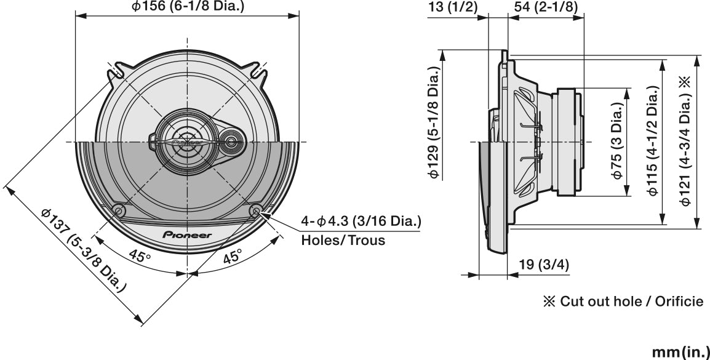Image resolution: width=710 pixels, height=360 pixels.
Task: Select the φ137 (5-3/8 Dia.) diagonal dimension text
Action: pyautogui.click(x=84, y=250)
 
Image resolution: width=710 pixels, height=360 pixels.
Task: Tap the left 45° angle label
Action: pyautogui.click(x=140, y=255)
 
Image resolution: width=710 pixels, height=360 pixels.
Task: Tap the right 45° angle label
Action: pyautogui.click(x=231, y=257)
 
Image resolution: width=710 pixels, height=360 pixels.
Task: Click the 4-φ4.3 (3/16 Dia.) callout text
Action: pyautogui.click(x=361, y=221)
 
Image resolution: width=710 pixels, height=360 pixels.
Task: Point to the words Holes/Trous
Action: pyautogui.click(x=343, y=240)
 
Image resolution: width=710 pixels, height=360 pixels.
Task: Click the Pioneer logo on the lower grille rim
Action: pyautogui.click(x=186, y=234)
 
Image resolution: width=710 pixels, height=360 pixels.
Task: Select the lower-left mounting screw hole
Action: pyautogui.click(x=119, y=210)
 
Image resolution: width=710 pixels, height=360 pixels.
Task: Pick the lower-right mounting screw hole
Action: pyautogui.click(x=257, y=210)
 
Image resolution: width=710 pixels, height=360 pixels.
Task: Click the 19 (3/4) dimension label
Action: pyautogui.click(x=543, y=266)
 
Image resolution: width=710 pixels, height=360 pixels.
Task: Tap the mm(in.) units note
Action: pyautogui.click(x=679, y=351)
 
